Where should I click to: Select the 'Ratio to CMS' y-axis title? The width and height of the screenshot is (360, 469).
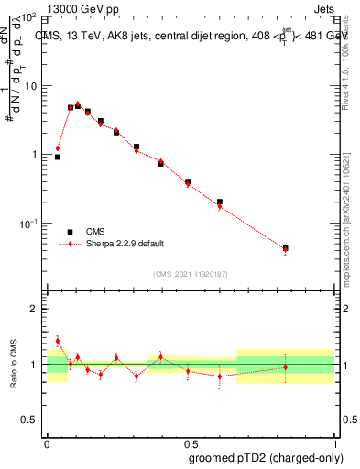pos(13,365)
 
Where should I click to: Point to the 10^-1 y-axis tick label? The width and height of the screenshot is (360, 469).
pos(29,224)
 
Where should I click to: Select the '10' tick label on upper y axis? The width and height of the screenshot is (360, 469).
pos(31,86)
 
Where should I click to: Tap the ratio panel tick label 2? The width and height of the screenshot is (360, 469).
pos(36,309)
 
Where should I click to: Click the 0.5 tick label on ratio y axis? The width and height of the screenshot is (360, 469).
pos(31,420)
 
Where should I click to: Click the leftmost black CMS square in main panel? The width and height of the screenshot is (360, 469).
pos(58,157)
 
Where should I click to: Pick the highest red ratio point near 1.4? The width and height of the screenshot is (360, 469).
pos(58,341)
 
